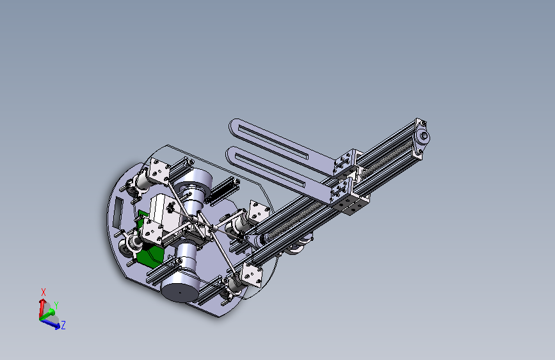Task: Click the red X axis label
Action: point(43,292)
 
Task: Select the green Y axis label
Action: point(56,306)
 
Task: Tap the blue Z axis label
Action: point(63,325)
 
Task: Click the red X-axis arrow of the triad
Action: point(42,308)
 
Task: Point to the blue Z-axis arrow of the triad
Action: point(51,324)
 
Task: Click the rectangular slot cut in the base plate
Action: point(118,214)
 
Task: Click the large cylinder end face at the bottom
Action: point(180,290)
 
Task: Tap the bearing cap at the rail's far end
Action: point(423,137)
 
